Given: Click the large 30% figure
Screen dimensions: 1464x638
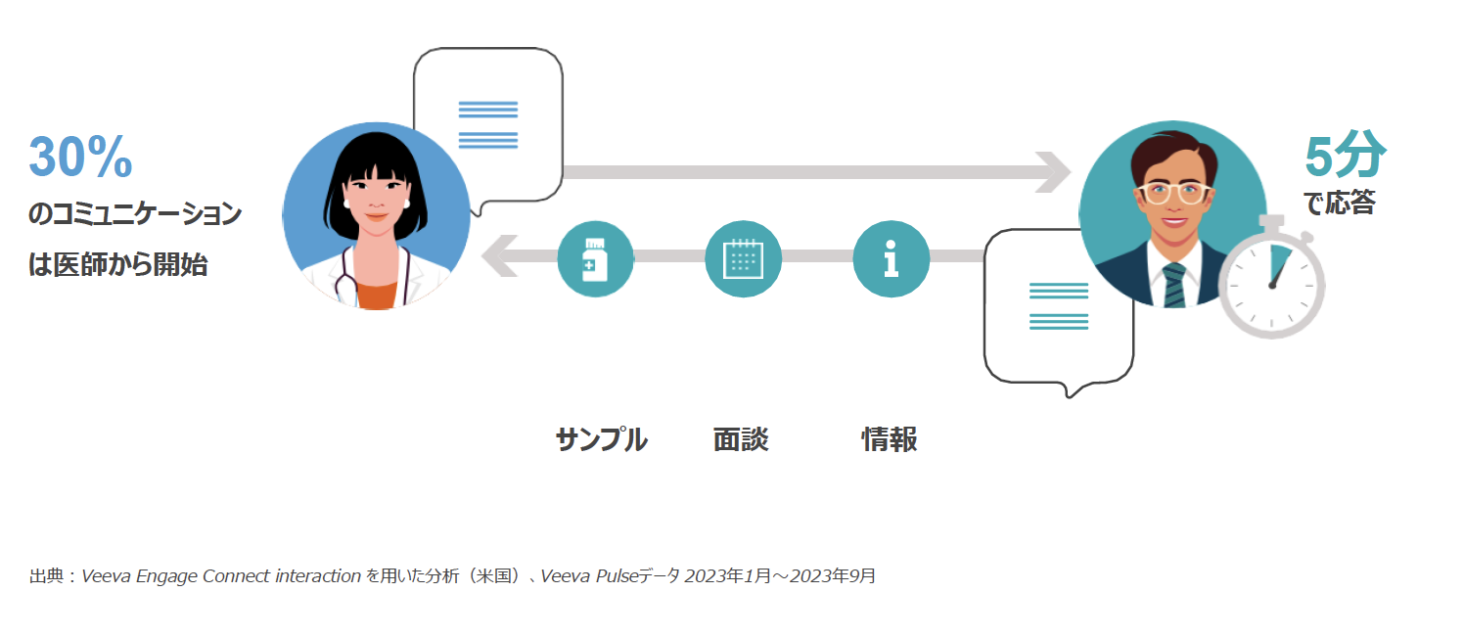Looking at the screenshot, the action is point(80,157).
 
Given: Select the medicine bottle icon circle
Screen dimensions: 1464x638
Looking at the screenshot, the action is point(595,259).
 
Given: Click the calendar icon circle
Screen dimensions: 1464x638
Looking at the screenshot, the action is point(743,259).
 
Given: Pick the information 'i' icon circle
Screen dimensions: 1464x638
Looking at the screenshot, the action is point(891,259).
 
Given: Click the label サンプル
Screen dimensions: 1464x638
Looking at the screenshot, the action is point(601,439).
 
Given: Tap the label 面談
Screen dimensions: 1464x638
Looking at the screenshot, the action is point(741,439).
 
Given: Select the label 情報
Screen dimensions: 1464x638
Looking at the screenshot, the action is point(890,439).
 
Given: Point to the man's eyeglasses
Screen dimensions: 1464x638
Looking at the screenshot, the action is point(1173,192).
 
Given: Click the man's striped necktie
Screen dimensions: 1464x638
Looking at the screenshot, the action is point(1174,285).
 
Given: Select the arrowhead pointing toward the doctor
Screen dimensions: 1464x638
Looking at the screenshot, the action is point(500,256).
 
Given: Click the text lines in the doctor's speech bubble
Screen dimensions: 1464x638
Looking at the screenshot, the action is point(488,125).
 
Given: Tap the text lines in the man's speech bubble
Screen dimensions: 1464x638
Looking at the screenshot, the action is point(1059,306).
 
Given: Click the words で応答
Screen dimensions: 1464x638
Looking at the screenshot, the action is point(1340,203).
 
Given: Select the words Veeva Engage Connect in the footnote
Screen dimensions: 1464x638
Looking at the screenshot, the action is point(175,576).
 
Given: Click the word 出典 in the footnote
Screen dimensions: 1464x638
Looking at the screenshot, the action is point(46,576).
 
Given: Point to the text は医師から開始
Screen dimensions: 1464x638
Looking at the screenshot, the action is point(118,265).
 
